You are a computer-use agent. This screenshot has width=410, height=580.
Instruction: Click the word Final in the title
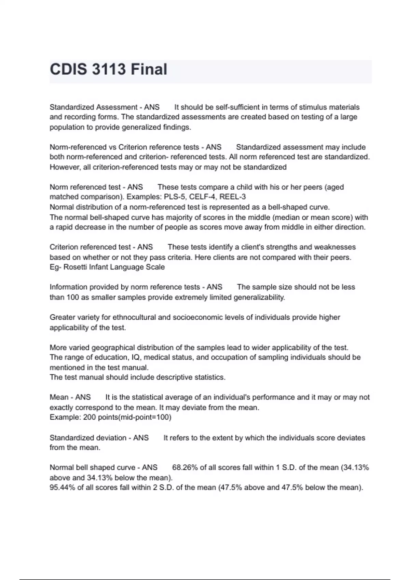149,69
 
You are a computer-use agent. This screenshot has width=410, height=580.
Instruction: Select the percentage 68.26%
185,467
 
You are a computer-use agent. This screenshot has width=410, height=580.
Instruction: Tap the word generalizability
259,297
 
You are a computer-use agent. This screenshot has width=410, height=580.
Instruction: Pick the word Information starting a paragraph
68,287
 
